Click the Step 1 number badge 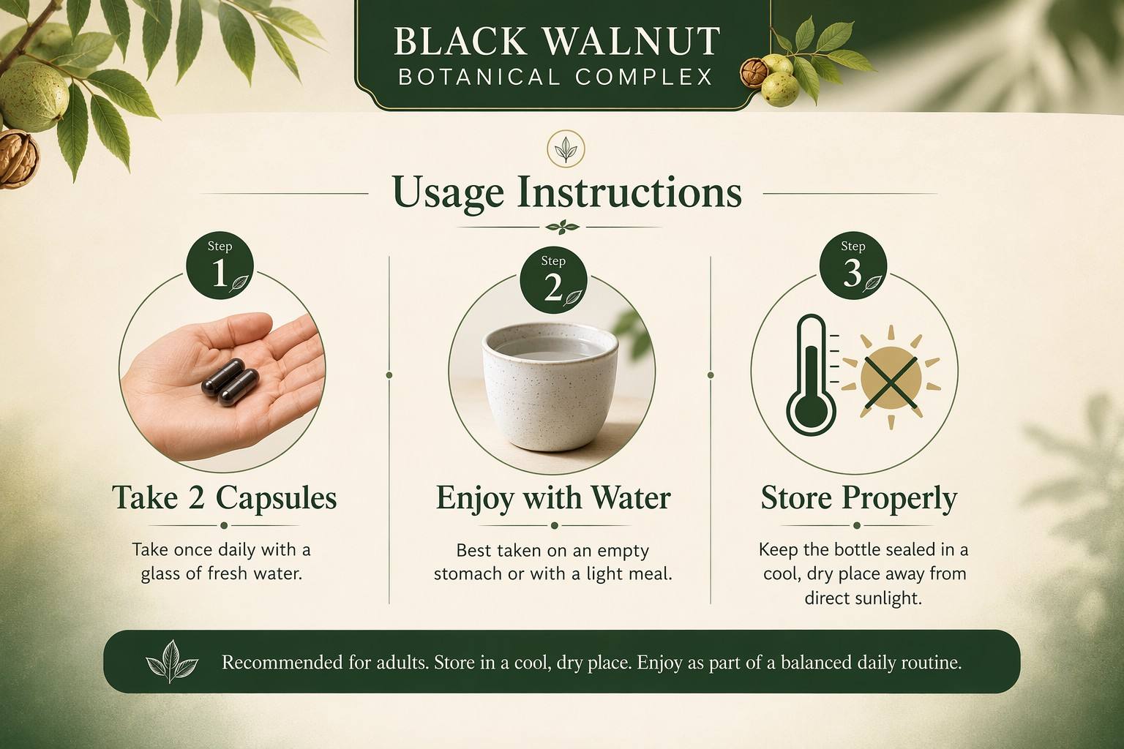(x=220, y=266)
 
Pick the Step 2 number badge (x=553, y=280)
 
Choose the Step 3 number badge (x=853, y=266)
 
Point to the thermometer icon (x=812, y=374)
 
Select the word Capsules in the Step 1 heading (x=276, y=498)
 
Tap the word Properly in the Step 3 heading (x=899, y=499)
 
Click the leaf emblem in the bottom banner (x=172, y=662)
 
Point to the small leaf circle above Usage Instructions (x=566, y=148)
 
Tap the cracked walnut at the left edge (x=18, y=158)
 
